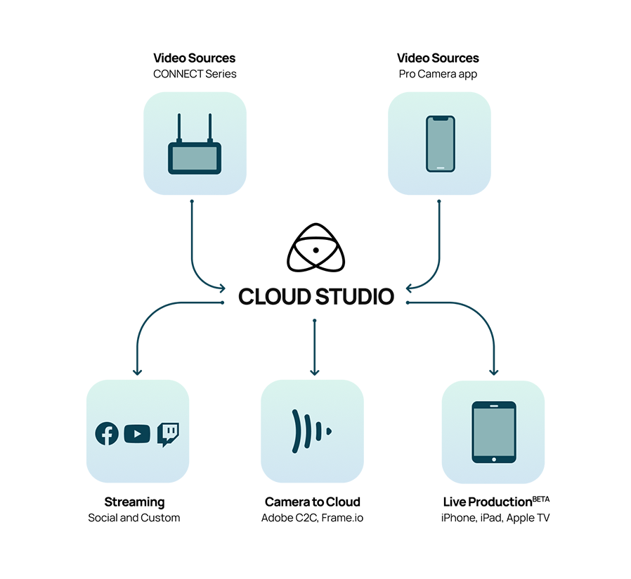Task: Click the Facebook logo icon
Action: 107,434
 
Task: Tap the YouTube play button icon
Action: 137,434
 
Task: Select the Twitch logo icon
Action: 168,434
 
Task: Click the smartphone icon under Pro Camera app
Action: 440,144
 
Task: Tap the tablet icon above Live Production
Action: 493,432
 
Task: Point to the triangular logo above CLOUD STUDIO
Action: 315,250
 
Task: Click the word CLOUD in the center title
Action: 274,296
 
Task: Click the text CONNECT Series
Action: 195,74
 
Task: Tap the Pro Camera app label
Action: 438,74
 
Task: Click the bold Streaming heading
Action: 134,502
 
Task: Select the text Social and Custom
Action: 134,518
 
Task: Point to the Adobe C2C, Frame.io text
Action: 312,518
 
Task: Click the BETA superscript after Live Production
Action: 540,499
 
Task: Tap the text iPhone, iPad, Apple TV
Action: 493,518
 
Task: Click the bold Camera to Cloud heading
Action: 312,502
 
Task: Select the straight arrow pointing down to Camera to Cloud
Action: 314,348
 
